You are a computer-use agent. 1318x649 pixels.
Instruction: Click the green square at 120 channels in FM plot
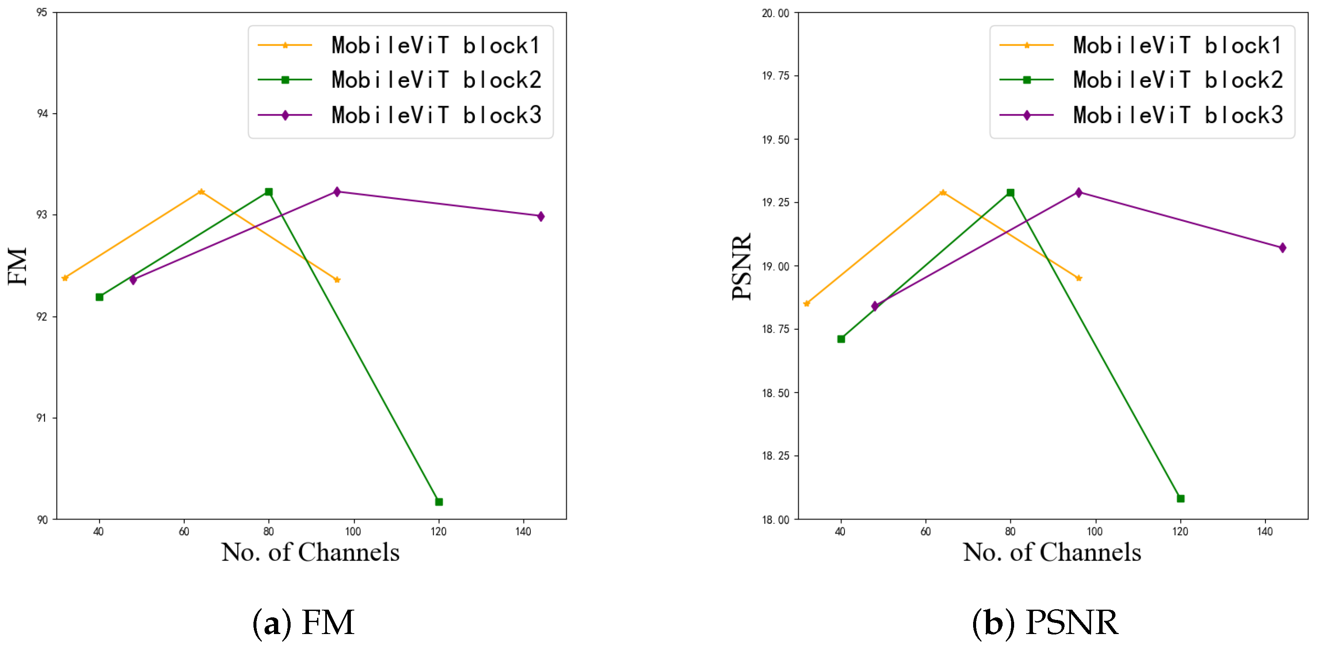click(x=438, y=501)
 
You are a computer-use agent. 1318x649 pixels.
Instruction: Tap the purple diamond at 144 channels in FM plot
click(x=541, y=216)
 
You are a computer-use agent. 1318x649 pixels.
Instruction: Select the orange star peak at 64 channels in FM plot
click(x=201, y=192)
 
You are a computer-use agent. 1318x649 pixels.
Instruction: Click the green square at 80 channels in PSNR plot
click(x=1010, y=192)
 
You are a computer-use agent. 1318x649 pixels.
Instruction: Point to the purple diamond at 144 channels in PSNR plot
click(x=1282, y=248)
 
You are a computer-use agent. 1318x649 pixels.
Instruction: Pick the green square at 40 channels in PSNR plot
click(x=841, y=339)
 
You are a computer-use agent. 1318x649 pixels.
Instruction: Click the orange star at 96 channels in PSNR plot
click(x=1079, y=278)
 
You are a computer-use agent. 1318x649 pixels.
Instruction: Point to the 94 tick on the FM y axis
click(x=42, y=114)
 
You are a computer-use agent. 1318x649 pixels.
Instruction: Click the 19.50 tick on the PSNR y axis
click(x=775, y=140)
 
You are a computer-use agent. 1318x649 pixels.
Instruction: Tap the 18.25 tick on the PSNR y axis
click(x=775, y=455)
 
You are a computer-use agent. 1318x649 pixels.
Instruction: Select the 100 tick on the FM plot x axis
click(x=353, y=531)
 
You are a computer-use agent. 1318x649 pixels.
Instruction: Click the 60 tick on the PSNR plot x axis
click(x=925, y=531)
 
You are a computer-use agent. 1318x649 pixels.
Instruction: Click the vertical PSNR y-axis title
click(x=741, y=266)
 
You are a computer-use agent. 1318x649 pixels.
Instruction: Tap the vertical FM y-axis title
click(x=18, y=266)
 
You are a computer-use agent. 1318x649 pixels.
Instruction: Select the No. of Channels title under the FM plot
click(x=310, y=552)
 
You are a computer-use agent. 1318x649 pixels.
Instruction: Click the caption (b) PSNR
click(x=1045, y=622)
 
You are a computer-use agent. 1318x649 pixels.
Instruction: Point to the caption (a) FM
click(x=303, y=622)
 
